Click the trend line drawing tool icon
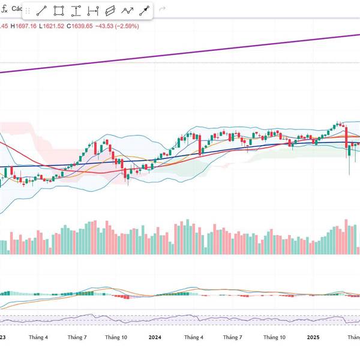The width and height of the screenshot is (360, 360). tap(41, 11)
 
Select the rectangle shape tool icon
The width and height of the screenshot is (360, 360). tap(59, 11)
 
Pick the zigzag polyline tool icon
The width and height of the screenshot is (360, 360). tap(127, 11)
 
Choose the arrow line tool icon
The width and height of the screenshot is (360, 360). tap(144, 11)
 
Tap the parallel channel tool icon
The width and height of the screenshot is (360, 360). tap(110, 11)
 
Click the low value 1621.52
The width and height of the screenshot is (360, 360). tap(53, 26)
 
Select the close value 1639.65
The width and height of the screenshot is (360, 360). tap(82, 26)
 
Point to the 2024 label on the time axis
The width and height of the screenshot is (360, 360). tap(155, 337)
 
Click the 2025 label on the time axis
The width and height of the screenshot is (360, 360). tap(313, 337)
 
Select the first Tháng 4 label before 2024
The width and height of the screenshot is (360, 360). tap(38, 337)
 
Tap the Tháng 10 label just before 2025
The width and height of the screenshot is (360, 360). tap(274, 337)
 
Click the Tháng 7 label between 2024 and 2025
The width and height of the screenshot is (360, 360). tap(232, 337)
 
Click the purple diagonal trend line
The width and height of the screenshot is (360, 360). tap(180, 53)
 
